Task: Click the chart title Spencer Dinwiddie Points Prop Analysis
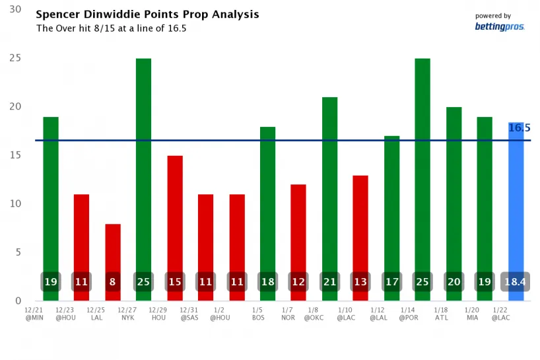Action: pos(147,15)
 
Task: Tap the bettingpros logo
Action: pos(499,26)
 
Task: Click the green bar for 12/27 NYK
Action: pos(143,165)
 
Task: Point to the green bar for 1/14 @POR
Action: pos(422,165)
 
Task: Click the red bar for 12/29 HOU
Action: pos(174,211)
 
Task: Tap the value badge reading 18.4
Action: pos(516,282)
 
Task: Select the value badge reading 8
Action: pos(113,282)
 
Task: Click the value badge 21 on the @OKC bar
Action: pos(329,282)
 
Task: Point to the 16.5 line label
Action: pos(520,128)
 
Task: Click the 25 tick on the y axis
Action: pos(14,58)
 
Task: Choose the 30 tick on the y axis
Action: pos(14,10)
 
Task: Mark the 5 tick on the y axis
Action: pos(18,252)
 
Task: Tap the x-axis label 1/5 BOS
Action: pos(258,313)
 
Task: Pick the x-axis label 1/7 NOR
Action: pos(289,313)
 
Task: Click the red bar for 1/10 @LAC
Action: pos(360,225)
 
